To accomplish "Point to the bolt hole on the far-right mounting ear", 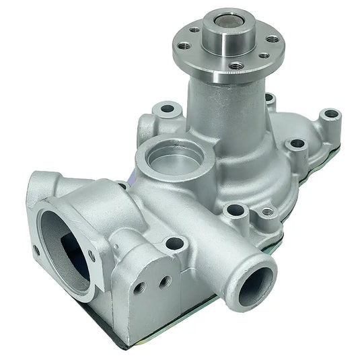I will pyautogui.click(x=328, y=114).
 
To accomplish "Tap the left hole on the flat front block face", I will pyautogui.click(x=139, y=287).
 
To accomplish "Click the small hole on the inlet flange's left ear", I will pyautogui.click(x=36, y=250).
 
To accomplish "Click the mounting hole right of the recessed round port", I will pyautogui.click(x=293, y=145).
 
